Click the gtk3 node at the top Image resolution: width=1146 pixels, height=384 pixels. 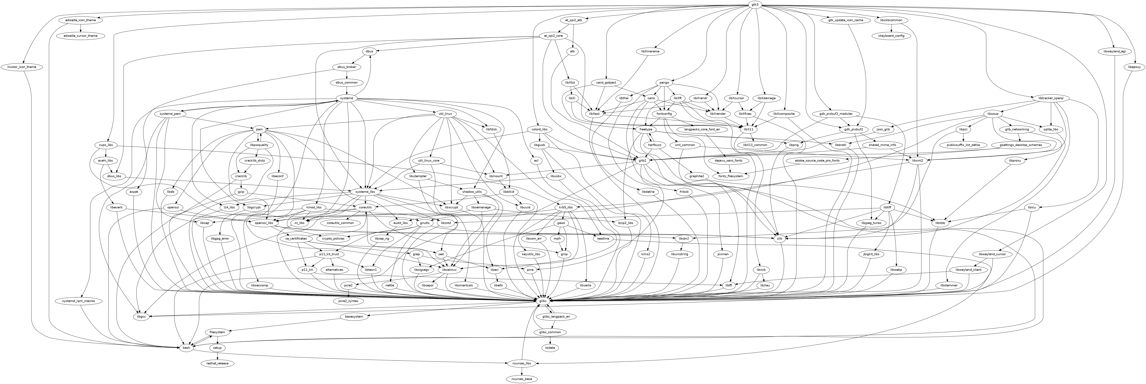(755, 4)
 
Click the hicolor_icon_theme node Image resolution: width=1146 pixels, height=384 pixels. (25, 67)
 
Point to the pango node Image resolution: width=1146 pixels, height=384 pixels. (665, 83)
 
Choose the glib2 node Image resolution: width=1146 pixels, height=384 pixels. (642, 160)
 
